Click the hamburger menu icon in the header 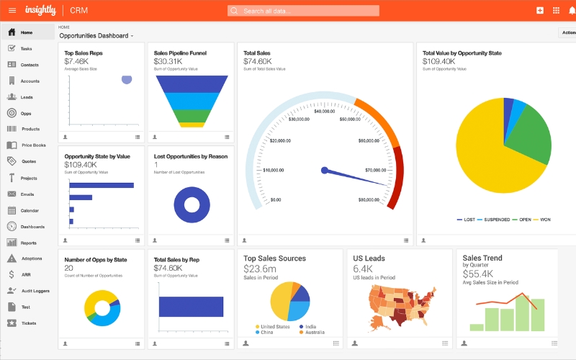[x=12, y=10]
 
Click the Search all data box [x=303, y=11]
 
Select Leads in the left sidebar [x=26, y=97]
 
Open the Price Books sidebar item [x=33, y=145]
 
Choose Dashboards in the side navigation [x=32, y=227]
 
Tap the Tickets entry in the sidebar [x=28, y=323]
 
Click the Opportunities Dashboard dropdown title [x=96, y=35]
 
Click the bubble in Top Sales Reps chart [x=127, y=79]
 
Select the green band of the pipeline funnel [x=192, y=115]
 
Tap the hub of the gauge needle [x=325, y=171]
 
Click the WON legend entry [x=544, y=220]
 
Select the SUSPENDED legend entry [x=497, y=220]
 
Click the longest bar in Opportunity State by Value [x=102, y=185]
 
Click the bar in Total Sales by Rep [x=190, y=307]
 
